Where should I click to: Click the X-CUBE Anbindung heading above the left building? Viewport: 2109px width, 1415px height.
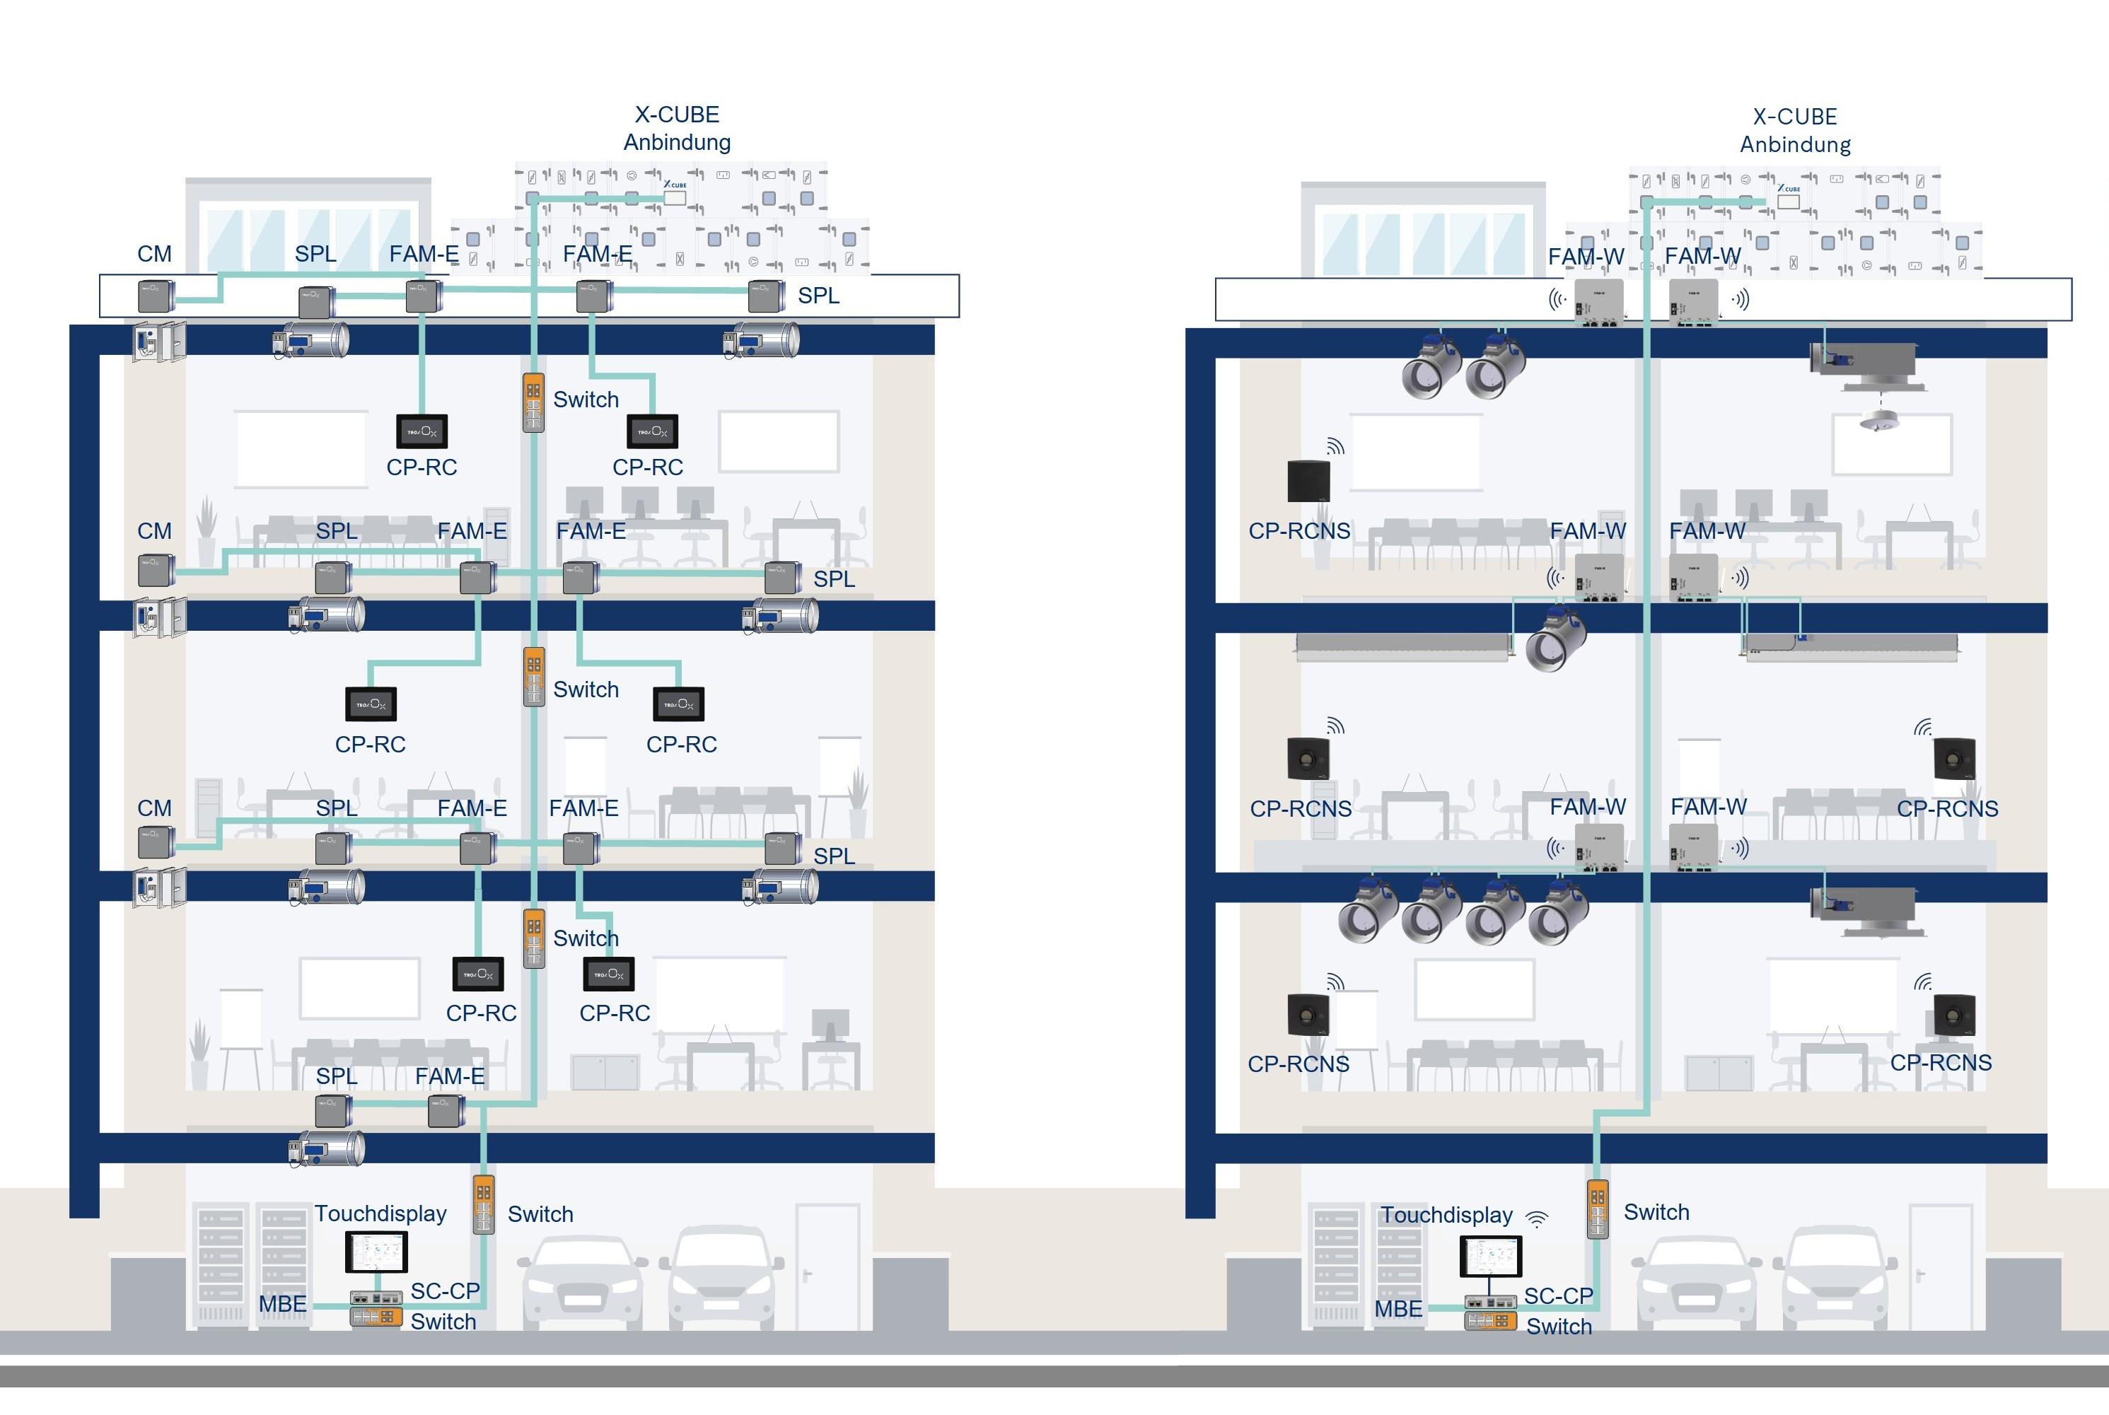(677, 128)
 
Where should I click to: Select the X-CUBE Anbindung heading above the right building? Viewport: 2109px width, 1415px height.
(1794, 130)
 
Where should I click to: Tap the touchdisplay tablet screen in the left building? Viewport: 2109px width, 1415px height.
(376, 1252)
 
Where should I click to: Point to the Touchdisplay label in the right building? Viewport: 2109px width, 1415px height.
(1446, 1215)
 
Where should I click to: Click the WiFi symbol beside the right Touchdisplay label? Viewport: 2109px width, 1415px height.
(1537, 1219)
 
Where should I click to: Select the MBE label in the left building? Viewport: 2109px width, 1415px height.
(282, 1304)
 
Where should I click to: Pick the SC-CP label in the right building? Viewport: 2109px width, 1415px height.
(1559, 1296)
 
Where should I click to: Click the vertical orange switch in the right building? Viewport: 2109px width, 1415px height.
(1598, 1209)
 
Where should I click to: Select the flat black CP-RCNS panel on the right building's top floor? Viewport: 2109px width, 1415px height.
(1308, 481)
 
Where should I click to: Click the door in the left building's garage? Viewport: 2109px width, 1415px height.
(827, 1267)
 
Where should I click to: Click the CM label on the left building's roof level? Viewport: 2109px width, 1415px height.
(154, 254)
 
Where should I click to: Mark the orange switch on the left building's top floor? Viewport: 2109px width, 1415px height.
(533, 402)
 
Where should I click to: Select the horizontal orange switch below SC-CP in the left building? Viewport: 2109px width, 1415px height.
(376, 1317)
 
